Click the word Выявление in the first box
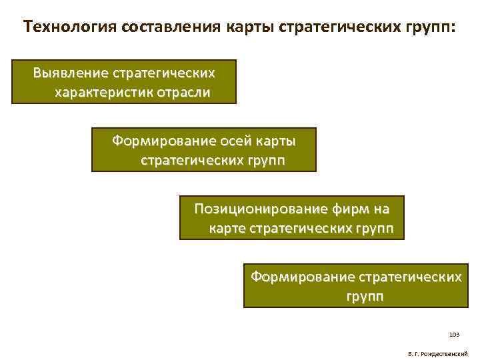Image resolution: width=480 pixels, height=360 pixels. click(x=67, y=72)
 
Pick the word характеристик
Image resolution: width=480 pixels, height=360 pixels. click(x=103, y=92)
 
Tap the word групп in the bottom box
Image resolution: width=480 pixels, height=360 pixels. click(x=365, y=296)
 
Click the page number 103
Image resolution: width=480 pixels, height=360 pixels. click(x=455, y=334)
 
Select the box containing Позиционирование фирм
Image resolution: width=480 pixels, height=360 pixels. click(x=291, y=217)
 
